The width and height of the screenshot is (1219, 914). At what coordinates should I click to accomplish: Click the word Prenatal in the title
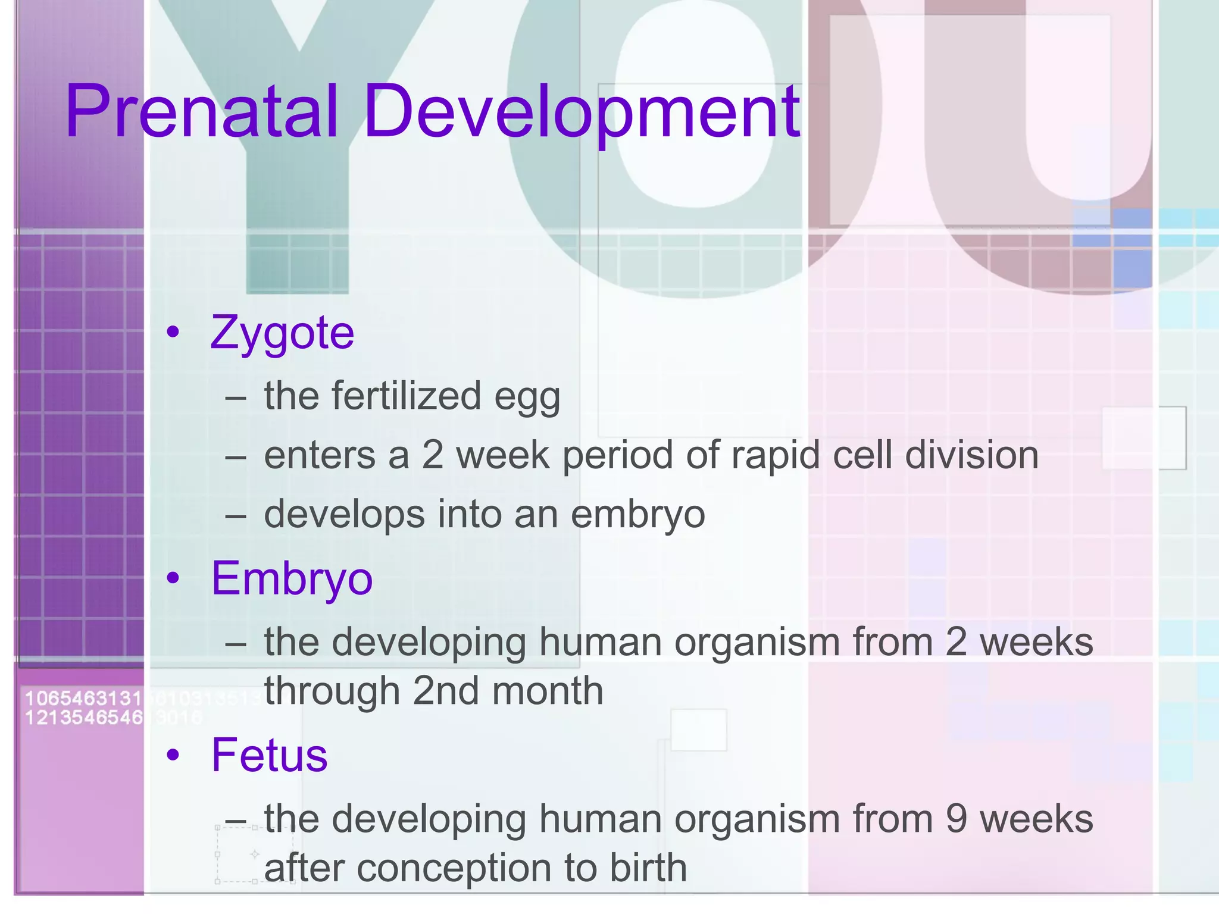coord(202,112)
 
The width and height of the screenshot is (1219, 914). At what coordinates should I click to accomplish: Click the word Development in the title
coord(582,112)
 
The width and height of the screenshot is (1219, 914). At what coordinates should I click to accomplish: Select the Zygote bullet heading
coord(282,333)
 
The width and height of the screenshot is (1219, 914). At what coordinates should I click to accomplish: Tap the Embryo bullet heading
coord(292,578)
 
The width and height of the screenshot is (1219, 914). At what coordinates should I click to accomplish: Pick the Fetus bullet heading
coord(269,755)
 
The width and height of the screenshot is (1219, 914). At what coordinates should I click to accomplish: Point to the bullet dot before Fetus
coord(173,755)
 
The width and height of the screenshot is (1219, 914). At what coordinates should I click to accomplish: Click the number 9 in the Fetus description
coord(956,819)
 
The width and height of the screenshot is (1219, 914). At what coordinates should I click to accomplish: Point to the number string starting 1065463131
coord(83,698)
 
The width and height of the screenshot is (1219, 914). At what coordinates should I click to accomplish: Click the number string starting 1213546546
coord(83,718)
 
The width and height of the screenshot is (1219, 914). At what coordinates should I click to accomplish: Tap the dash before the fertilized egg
coord(236,397)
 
